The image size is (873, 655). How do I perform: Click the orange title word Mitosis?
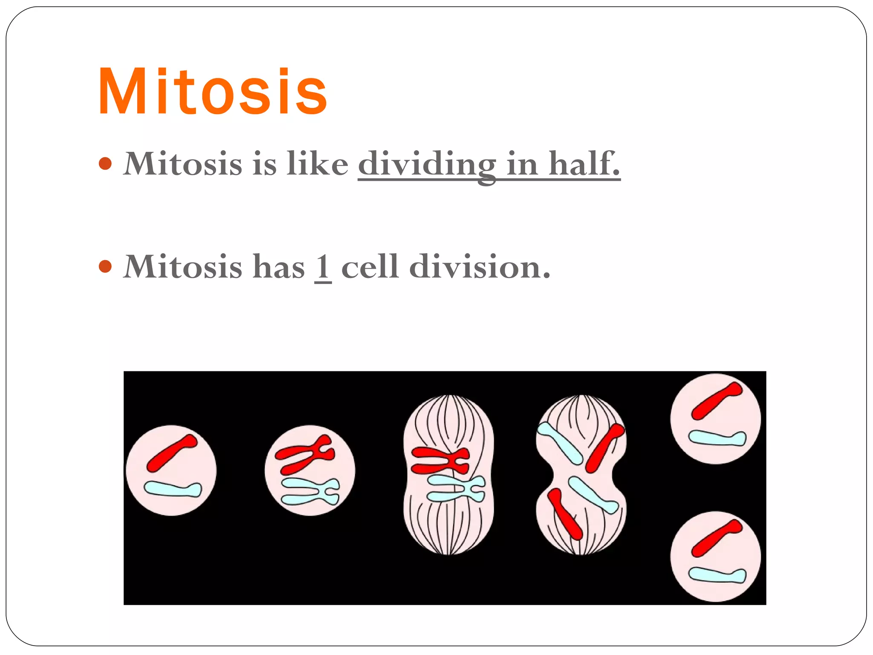pos(212,91)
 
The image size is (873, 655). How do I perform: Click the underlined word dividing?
pos(427,165)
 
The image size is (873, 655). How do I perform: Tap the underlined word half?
pos(584,164)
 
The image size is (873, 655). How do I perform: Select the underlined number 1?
pos(323,267)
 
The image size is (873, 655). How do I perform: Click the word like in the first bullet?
pos(317,164)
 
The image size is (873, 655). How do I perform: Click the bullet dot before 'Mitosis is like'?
pos(105,163)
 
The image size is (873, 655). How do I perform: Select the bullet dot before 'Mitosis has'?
pos(105,267)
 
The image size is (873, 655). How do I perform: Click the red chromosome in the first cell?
pos(171,453)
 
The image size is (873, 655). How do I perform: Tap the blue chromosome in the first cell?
pos(173,489)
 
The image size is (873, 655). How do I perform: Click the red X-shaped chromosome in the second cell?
pos(305,455)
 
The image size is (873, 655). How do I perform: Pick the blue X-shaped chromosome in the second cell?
pos(310,491)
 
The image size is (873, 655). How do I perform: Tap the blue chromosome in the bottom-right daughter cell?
pos(717,575)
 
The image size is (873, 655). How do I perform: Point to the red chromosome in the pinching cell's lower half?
pos(565,514)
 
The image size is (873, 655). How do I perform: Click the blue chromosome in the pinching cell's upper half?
pos(559,443)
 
